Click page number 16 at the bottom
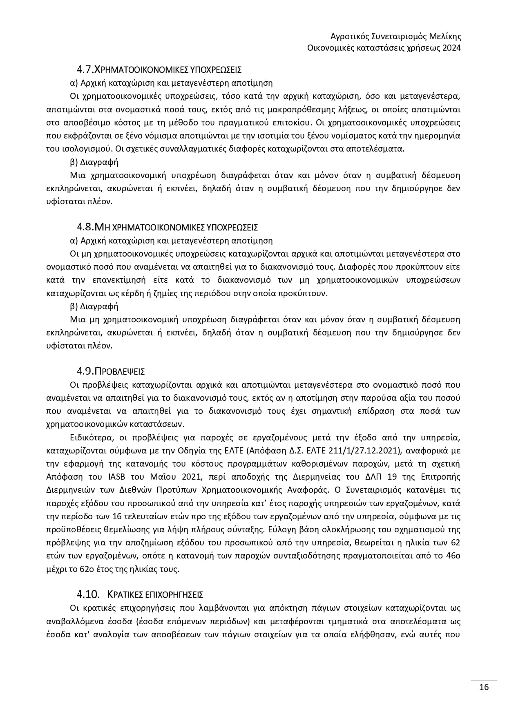tap(484, 687)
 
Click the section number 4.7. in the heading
tap(85, 69)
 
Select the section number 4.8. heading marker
tap(85, 227)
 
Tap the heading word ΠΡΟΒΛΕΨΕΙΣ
tap(120, 371)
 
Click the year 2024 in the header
tap(452, 48)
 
